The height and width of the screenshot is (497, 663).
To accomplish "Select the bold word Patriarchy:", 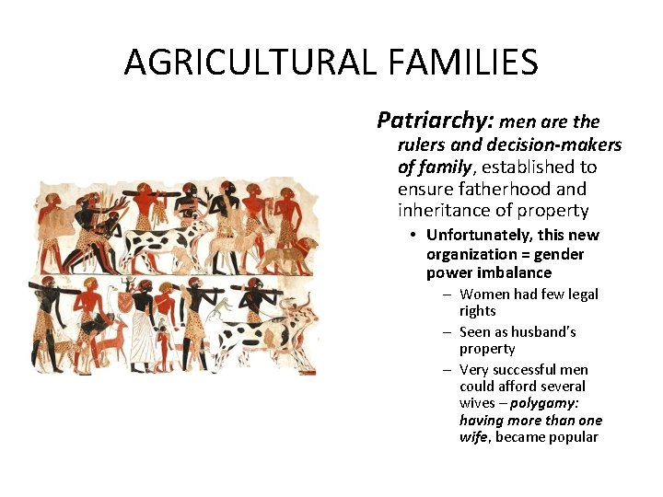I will coord(436,121).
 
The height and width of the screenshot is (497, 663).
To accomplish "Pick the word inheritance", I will coord(444,211).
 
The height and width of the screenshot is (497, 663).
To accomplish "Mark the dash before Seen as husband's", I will coord(446,332).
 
